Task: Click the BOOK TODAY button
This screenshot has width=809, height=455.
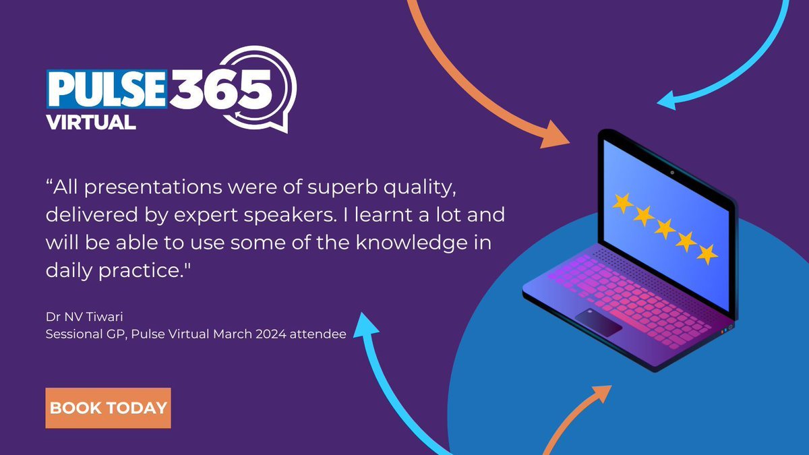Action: coord(108,408)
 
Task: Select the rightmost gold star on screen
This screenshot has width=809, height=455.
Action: coord(707,254)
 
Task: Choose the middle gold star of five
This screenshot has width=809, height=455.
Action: coord(665,229)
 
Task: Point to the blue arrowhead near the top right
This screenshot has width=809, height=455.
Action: coord(669,101)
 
